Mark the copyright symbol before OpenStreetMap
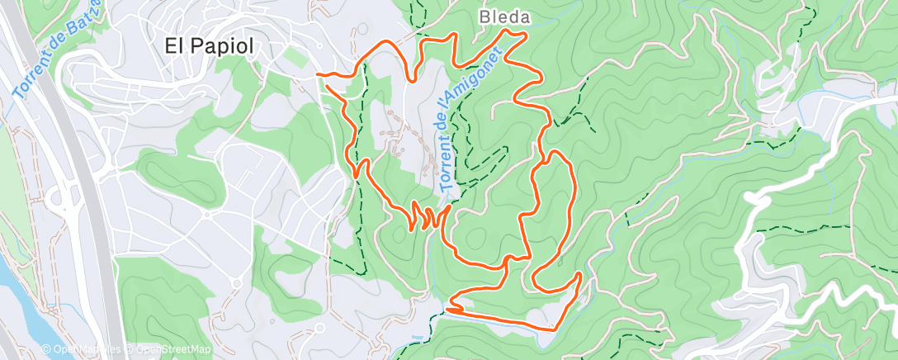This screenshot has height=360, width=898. click(130, 349)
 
